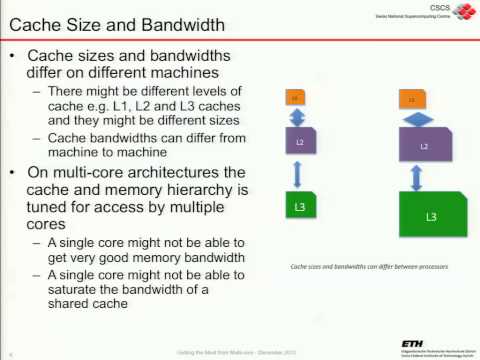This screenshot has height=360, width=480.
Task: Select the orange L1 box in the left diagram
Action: pyautogui.click(x=295, y=98)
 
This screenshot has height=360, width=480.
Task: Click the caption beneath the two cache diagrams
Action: pyautogui.click(x=368, y=267)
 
